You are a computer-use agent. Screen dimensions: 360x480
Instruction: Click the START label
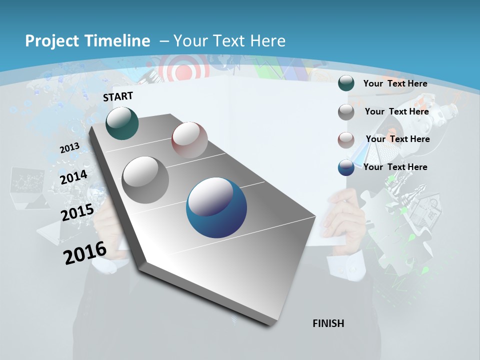(118, 96)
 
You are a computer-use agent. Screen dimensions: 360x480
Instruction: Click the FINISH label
(328, 323)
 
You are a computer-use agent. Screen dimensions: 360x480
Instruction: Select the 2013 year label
(70, 148)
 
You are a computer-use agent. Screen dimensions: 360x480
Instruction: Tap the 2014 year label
(74, 177)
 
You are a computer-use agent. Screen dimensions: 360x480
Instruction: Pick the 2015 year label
(77, 212)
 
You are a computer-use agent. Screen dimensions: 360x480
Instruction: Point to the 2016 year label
(85, 253)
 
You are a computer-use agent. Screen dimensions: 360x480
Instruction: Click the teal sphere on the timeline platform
(122, 123)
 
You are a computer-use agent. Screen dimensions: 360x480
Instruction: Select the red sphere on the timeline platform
(189, 140)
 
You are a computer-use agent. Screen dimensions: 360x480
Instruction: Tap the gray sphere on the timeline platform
(145, 180)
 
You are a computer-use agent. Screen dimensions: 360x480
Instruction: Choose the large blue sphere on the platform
(216, 208)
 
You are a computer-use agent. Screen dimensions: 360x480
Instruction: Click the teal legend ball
(346, 83)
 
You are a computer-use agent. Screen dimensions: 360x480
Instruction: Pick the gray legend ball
(346, 112)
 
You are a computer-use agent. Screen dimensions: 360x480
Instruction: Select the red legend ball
(346, 139)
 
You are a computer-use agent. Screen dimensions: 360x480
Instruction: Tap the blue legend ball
(346, 167)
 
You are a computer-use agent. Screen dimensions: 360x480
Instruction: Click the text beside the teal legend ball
(395, 83)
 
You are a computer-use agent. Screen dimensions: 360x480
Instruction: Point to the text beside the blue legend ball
(395, 167)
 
